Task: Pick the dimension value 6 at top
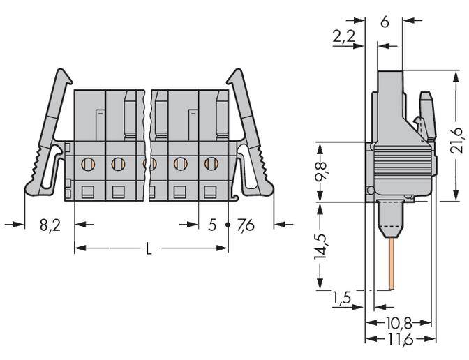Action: pos(385,21)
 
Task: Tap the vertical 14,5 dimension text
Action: pos(320,246)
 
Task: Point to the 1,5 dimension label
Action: pos(342,298)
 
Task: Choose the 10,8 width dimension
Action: pos(400,323)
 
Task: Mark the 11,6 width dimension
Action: pos(400,339)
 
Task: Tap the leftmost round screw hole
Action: pos(87,165)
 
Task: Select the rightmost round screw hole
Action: pos(210,165)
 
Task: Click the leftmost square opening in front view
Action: pos(87,191)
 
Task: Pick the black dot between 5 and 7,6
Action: pos(228,225)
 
